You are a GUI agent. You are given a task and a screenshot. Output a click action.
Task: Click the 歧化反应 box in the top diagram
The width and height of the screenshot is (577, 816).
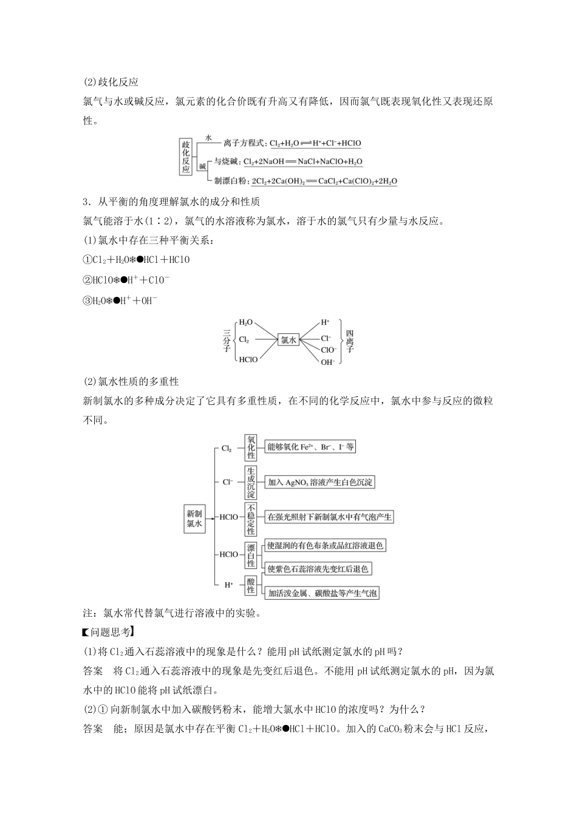pyautogui.click(x=185, y=157)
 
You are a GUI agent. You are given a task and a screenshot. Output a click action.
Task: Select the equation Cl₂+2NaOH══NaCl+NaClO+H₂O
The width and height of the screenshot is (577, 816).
pyautogui.click(x=302, y=162)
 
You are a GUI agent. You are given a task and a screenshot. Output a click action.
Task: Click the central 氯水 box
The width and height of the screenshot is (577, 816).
pyautogui.click(x=288, y=341)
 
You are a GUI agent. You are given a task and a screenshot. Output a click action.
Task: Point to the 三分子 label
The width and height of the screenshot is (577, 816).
pyautogui.click(x=226, y=341)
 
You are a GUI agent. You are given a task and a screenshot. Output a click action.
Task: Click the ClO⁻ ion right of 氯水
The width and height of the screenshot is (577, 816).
pyautogui.click(x=328, y=350)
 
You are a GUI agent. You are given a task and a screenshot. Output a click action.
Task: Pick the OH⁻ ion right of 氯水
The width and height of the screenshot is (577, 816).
pyautogui.click(x=328, y=362)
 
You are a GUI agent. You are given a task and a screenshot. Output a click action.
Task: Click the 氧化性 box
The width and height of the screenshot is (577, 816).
pyautogui.click(x=251, y=447)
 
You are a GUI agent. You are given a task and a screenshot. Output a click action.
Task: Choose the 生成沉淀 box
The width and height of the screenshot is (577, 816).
pyautogui.click(x=251, y=482)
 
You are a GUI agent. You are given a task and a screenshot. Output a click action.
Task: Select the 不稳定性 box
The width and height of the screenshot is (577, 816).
pyautogui.click(x=251, y=517)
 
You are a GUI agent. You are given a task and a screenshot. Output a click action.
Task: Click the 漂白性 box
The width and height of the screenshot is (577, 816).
pyautogui.click(x=251, y=554)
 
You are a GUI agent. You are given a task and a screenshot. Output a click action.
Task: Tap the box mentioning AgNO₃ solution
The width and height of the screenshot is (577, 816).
pyautogui.click(x=320, y=482)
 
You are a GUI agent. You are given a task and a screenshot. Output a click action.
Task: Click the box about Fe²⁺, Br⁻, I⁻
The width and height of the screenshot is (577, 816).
pyautogui.click(x=310, y=447)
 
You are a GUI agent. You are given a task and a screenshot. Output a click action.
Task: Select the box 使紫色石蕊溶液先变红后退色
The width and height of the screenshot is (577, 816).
pyautogui.click(x=318, y=569)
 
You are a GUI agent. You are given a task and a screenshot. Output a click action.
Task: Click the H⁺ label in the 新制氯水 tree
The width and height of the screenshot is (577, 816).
pyautogui.click(x=228, y=585)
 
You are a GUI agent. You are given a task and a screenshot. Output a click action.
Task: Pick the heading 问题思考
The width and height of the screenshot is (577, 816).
pyautogui.click(x=109, y=632)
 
